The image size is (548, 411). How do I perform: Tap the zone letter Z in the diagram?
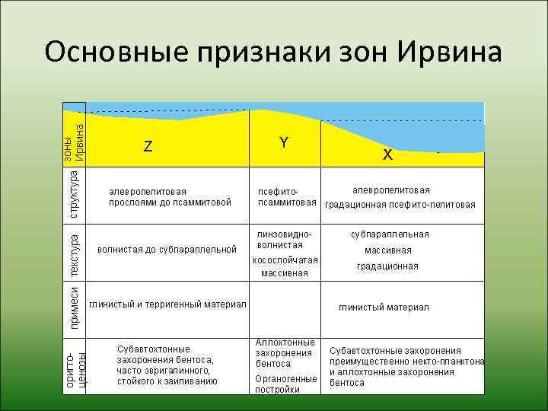148,147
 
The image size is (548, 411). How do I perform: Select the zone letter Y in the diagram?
283,142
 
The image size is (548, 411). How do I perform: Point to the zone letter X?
387,155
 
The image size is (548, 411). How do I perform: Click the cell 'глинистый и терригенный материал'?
167,304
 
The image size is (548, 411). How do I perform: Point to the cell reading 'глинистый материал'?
384,307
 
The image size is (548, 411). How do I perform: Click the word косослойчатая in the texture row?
284,260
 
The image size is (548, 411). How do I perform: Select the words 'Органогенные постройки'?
285,384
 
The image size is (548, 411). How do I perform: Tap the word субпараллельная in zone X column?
390,234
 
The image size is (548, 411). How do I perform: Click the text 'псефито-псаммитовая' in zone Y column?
286,197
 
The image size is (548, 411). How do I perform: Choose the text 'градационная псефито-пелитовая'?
400,205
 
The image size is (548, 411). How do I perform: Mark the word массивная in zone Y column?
284,273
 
